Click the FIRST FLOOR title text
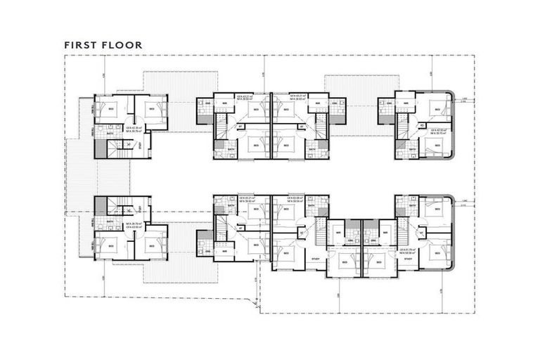pyautogui.click(x=103, y=45)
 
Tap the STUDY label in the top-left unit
pyautogui.click(x=141, y=146)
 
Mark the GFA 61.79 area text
pyautogui.click(x=406, y=251)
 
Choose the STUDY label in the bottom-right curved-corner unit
pyautogui.click(x=408, y=259)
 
